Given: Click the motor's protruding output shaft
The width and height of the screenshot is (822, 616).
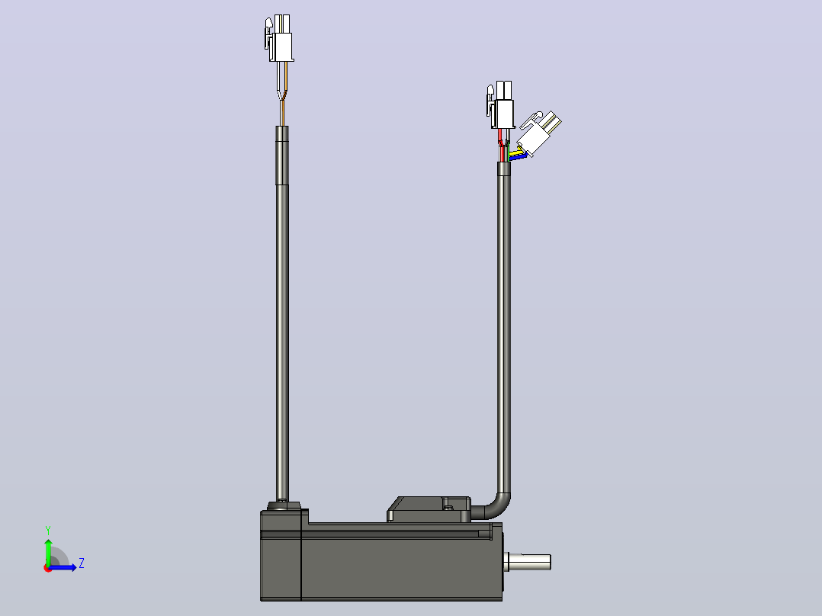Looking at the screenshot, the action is [528, 563].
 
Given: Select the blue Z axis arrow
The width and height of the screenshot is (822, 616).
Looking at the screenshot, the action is [63, 567].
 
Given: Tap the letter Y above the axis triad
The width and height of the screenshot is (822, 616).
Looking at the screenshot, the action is [48, 531].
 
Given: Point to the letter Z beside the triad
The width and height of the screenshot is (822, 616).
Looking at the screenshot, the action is [82, 563].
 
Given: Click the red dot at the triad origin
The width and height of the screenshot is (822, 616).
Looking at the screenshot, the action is [47, 568].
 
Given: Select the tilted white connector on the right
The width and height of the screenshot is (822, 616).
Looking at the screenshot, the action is [538, 133].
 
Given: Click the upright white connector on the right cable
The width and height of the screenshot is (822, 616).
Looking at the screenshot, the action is [501, 105].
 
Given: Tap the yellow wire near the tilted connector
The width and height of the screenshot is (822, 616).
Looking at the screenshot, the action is [519, 154].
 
